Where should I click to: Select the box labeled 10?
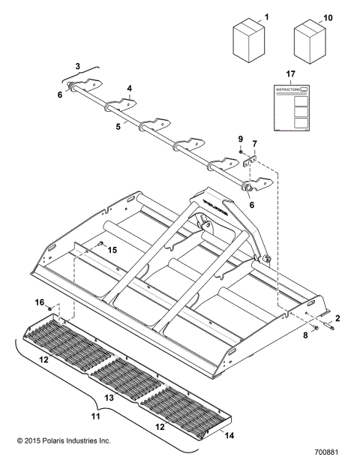pyautogui.click(x=307, y=43)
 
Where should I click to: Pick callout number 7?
pyautogui.click(x=254, y=143)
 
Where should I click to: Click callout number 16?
pyautogui.click(x=39, y=302)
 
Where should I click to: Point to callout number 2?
pyautogui.click(x=337, y=319)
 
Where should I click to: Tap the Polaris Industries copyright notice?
pyautogui.click(x=58, y=441)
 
